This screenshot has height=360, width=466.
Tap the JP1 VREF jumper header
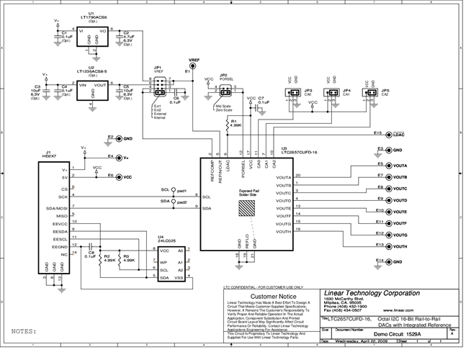158,88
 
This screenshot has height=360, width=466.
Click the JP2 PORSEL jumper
223,90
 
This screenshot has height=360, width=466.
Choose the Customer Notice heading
268,295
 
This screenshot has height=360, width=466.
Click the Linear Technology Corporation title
371,293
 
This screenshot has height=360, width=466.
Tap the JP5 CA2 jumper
371,92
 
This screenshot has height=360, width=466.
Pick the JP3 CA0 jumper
293,92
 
